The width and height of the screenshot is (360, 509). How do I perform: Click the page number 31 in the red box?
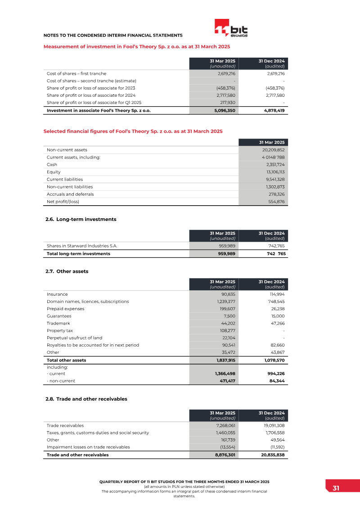(x=336, y=489)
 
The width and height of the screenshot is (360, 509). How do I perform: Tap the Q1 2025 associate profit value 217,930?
(x=227, y=102)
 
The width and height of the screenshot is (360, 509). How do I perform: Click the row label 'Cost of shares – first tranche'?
(x=76, y=73)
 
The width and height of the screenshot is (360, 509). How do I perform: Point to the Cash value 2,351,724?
(x=275, y=165)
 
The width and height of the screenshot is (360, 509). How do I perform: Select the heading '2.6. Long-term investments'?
(x=81, y=220)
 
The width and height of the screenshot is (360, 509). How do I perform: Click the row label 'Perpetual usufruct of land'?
(x=74, y=338)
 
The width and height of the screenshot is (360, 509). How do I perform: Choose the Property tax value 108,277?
(x=227, y=331)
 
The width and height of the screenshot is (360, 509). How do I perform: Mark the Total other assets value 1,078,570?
(x=271, y=360)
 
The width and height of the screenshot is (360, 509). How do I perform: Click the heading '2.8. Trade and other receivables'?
(x=86, y=399)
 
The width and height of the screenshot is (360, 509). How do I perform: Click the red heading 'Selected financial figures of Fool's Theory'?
(x=133, y=131)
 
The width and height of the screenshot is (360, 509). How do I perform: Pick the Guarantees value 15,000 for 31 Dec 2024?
(x=277, y=316)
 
